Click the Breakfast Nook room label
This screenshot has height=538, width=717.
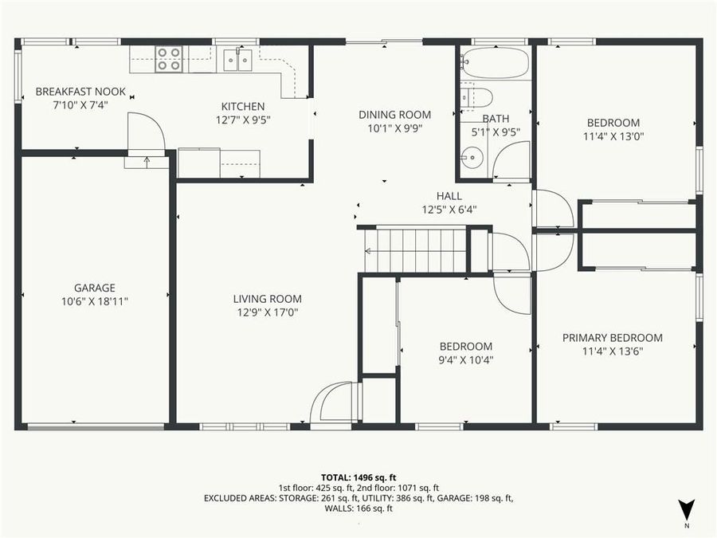click(80, 92)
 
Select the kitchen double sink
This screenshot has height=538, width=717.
click(238, 57)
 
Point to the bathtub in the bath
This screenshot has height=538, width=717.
click(495, 62)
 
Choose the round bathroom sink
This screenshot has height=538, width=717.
click(472, 158)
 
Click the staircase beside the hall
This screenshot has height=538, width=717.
click(415, 250)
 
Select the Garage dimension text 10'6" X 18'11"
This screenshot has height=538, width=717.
click(96, 301)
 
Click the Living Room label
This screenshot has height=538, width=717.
click(267, 299)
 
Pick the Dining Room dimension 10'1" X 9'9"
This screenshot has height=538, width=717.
click(394, 128)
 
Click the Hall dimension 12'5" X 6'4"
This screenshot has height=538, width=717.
click(449, 210)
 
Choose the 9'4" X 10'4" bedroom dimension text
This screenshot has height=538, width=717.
click(466, 359)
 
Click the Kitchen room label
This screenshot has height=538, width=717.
click(243, 106)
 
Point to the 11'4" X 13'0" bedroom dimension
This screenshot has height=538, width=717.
click(613, 135)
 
